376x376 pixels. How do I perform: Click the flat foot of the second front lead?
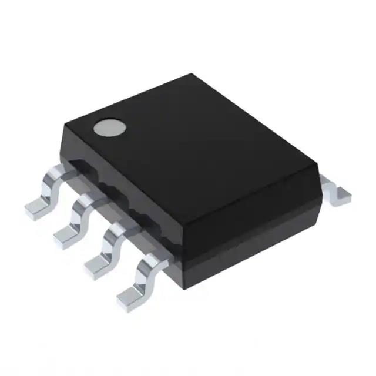coord(66,236)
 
